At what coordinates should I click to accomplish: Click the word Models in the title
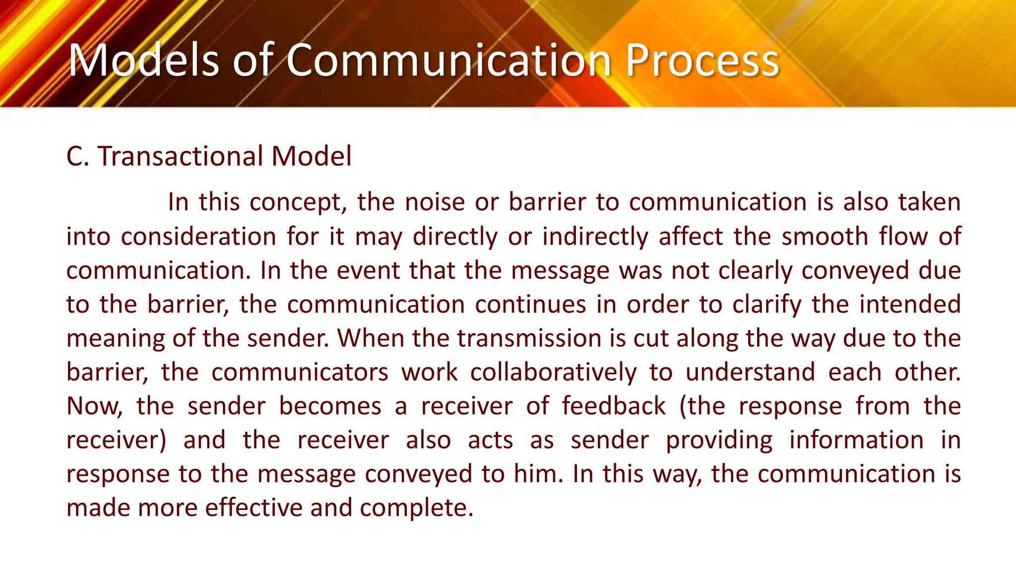click(143, 61)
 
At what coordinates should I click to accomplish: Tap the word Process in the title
click(702, 61)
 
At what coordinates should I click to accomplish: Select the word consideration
click(198, 236)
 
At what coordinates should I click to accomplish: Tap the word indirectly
click(595, 236)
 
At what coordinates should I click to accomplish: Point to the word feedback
click(614, 406)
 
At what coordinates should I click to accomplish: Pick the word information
click(856, 440)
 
